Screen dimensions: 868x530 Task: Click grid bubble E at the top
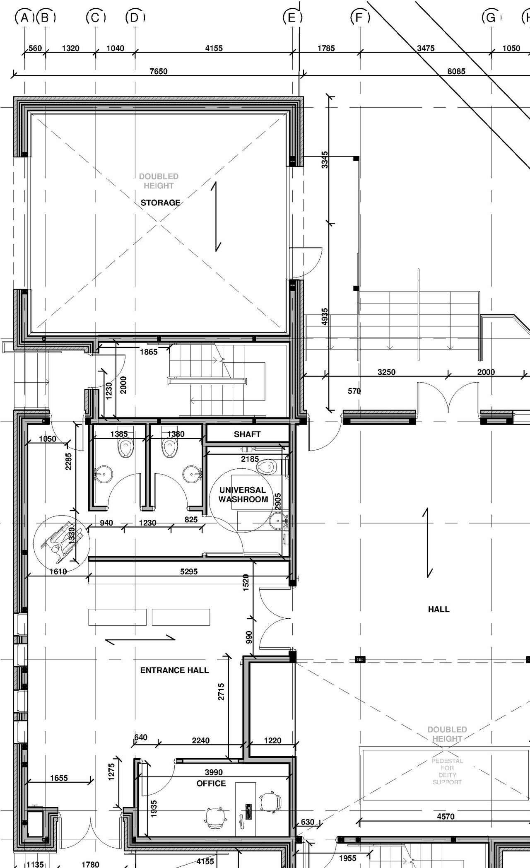pyautogui.click(x=292, y=18)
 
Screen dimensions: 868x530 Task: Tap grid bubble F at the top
pyautogui.click(x=360, y=18)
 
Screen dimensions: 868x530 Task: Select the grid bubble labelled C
pyautogui.click(x=96, y=18)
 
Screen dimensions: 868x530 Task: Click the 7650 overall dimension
pyautogui.click(x=158, y=71)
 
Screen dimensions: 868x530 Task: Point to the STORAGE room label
pyautogui.click(x=160, y=203)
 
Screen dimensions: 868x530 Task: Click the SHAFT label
pyautogui.click(x=247, y=434)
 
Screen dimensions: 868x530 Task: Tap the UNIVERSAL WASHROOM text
pyautogui.click(x=243, y=494)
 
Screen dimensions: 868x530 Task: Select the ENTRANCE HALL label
pyautogui.click(x=174, y=670)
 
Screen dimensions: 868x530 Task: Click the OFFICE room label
pyautogui.click(x=211, y=783)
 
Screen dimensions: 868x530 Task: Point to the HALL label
pyautogui.click(x=438, y=609)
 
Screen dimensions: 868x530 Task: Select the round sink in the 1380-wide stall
pyautogui.click(x=192, y=473)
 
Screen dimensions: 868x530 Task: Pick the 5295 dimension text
pyautogui.click(x=189, y=571)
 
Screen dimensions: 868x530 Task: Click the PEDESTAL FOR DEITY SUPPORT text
pyautogui.click(x=447, y=771)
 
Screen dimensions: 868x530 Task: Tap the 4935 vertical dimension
pyautogui.click(x=325, y=316)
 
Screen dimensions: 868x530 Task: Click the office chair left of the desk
pyautogui.click(x=216, y=817)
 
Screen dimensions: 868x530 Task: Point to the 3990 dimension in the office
pyautogui.click(x=214, y=772)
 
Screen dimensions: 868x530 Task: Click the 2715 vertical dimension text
pyautogui.click(x=221, y=692)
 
